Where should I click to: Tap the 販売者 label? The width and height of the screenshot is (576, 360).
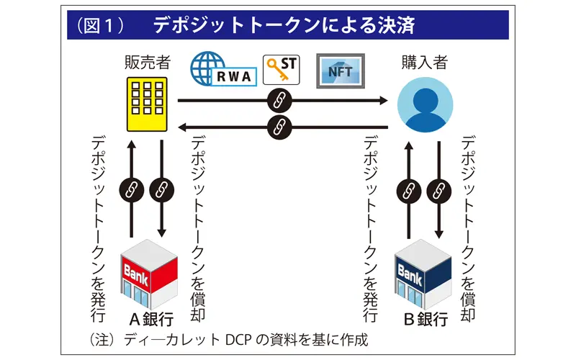147,62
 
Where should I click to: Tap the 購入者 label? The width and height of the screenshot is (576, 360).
424,62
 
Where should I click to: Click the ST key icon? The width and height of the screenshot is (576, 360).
282,69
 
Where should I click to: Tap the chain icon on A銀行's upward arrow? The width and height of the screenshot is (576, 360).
132,189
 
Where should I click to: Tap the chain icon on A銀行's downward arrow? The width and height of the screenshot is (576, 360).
161,189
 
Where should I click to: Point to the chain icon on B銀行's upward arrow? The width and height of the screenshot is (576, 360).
409,189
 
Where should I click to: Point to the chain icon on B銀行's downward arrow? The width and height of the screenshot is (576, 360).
438,189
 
